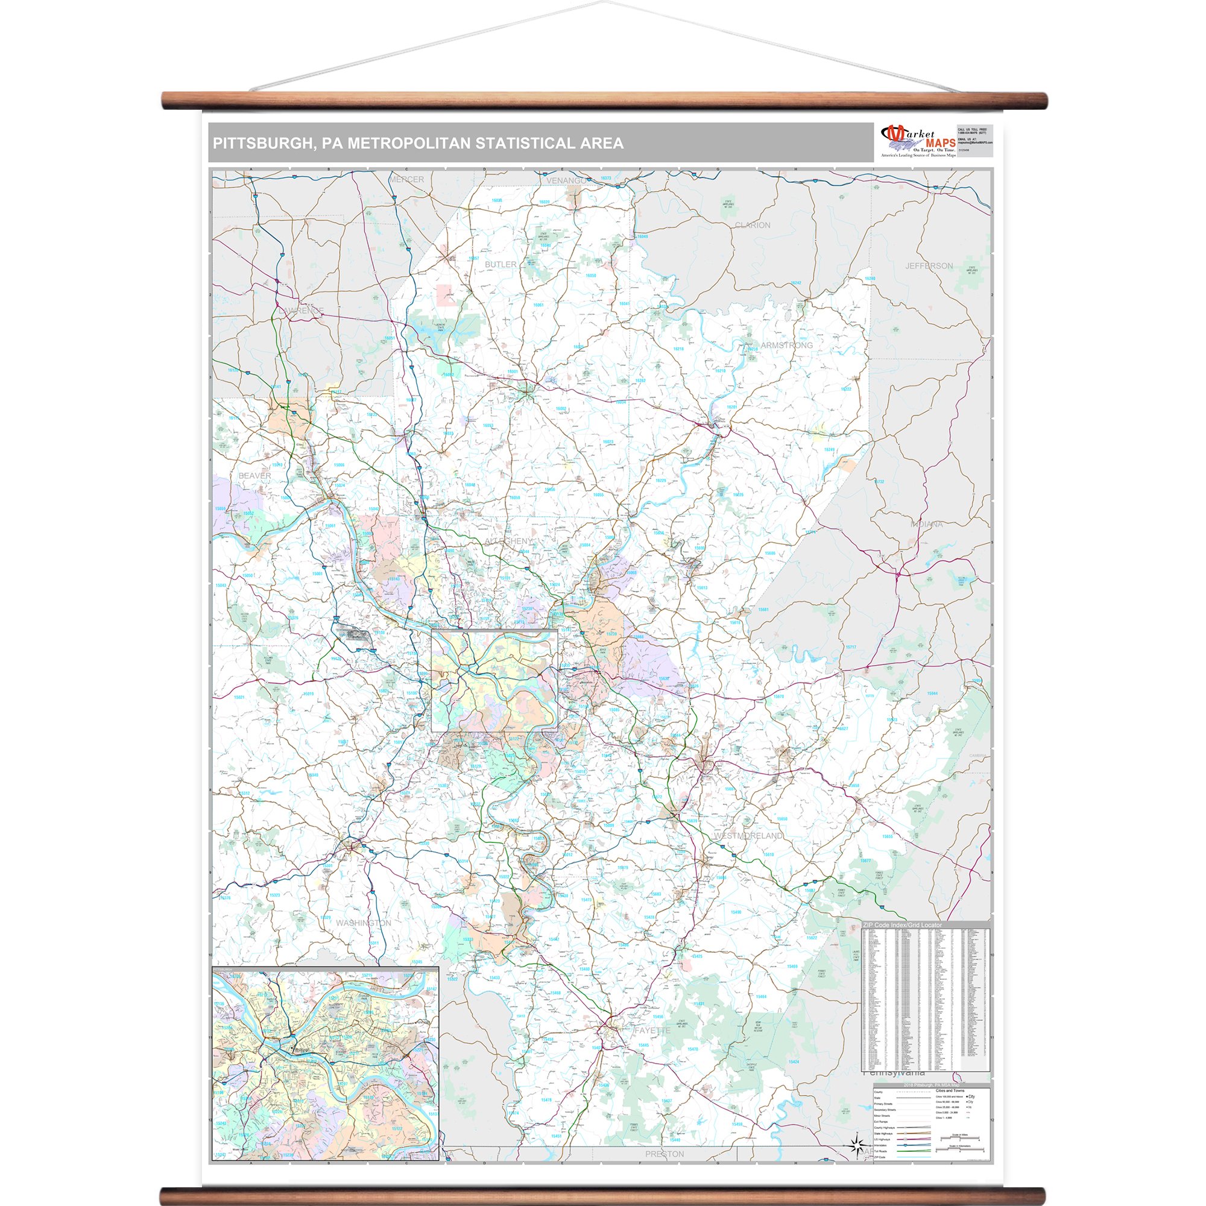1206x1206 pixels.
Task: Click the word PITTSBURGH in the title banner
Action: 261,144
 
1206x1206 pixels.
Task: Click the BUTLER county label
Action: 500,265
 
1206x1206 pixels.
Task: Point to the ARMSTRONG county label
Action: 786,345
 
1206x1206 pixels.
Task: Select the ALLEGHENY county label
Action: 510,540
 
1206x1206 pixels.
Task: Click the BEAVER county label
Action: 254,476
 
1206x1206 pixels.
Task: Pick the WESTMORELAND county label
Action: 748,835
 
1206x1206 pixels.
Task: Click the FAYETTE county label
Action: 652,1031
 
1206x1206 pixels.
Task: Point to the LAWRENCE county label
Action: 301,310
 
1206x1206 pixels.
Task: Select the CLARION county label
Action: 752,226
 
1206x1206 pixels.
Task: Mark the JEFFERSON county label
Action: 929,266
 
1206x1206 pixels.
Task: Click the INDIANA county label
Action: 926,525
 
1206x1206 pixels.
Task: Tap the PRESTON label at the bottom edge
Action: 664,1154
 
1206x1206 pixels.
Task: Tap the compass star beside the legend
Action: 857,1144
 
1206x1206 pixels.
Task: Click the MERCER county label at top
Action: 406,180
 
